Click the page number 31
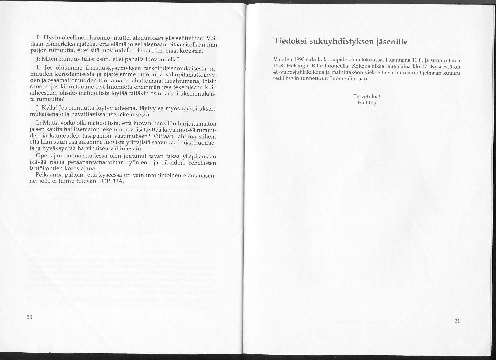[457, 321]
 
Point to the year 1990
[296, 60]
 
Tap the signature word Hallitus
[366, 103]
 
